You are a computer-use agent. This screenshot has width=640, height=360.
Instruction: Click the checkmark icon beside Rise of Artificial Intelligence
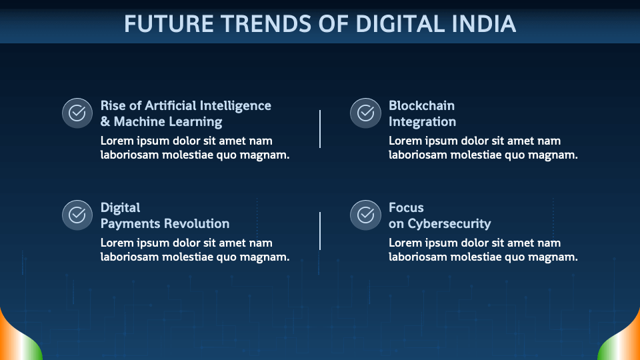[x=77, y=113]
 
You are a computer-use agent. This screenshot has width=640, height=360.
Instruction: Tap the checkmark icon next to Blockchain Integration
[x=365, y=113]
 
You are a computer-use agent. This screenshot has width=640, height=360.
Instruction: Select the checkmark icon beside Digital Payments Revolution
[x=77, y=215]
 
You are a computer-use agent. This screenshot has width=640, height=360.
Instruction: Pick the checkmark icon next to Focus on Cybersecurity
[x=365, y=215]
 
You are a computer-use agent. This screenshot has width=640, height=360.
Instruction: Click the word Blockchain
[x=421, y=106]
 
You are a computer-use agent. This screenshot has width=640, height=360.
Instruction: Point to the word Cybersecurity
[x=449, y=224]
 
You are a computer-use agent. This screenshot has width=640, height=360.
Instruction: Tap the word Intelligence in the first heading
[x=235, y=106]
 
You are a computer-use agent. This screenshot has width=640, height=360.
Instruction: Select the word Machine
[x=139, y=121]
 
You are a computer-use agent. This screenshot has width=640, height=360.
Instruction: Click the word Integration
[x=422, y=122]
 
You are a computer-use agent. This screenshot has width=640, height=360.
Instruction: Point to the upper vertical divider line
[x=320, y=129]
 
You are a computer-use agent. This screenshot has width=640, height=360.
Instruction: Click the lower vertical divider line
[x=320, y=231]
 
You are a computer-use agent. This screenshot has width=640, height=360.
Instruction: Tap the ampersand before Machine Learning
[x=105, y=121]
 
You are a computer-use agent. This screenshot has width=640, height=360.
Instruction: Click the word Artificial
[x=171, y=106]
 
